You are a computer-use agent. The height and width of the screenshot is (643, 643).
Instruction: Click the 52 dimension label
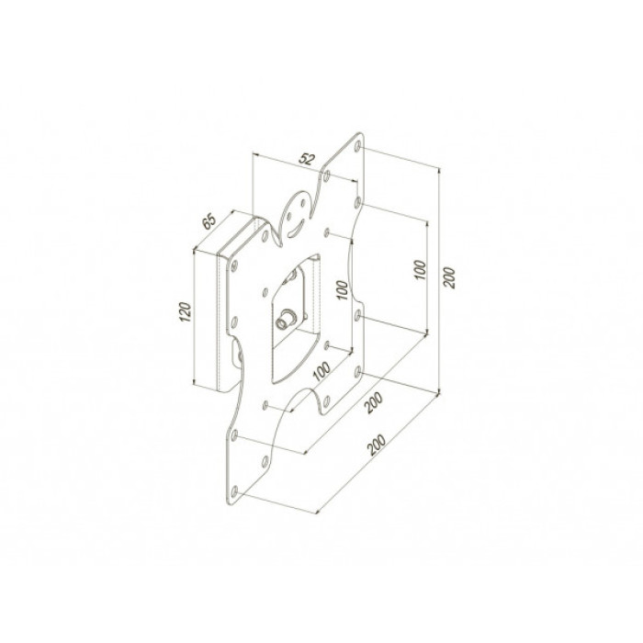pos(307,159)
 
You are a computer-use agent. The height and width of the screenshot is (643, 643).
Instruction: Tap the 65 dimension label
pos(209,221)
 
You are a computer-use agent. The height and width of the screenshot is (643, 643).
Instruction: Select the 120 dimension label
pos(186,311)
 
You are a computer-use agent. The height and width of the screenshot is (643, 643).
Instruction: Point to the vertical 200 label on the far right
pos(450,277)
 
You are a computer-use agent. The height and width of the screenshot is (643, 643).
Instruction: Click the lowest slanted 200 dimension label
pos(377,445)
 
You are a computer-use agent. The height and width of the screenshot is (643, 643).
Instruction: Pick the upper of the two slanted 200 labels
pos(374,403)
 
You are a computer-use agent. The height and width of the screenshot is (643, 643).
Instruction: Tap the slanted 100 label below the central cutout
pos(321,371)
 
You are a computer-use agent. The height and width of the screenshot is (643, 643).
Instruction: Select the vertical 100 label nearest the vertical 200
pos(421,270)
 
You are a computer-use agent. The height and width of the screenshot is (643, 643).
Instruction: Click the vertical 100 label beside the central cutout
pos(342,290)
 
